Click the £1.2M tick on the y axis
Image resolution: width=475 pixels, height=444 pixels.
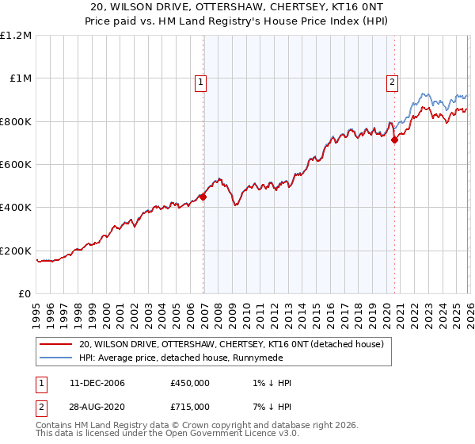click(x=15, y=36)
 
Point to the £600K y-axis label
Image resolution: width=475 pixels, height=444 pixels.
click(x=15, y=165)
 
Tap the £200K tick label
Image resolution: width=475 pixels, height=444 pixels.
click(x=15, y=251)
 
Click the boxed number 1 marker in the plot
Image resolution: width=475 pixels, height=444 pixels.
click(x=201, y=81)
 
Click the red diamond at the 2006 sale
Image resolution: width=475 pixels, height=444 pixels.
click(x=203, y=197)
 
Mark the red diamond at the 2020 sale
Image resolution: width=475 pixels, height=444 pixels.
click(x=394, y=140)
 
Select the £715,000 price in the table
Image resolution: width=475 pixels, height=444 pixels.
click(x=190, y=406)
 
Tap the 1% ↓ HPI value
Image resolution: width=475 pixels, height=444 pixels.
click(x=270, y=383)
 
